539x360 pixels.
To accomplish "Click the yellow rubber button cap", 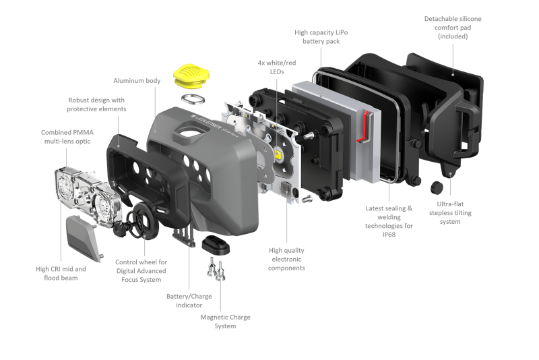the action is pyautogui.click(x=191, y=75).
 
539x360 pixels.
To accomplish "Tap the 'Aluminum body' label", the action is pyautogui.click(x=137, y=81).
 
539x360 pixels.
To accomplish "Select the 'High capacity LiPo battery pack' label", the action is pyautogui.click(x=321, y=37).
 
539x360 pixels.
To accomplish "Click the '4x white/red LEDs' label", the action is pyautogui.click(x=277, y=67).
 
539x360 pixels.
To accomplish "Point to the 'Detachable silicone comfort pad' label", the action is pyautogui.click(x=453, y=28).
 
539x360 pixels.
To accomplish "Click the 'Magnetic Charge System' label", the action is pyautogui.click(x=225, y=322).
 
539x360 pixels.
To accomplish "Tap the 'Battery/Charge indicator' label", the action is pyautogui.click(x=189, y=301).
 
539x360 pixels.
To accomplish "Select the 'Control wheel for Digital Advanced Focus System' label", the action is pyautogui.click(x=141, y=271).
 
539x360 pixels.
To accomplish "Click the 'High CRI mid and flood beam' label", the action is pyautogui.click(x=61, y=273).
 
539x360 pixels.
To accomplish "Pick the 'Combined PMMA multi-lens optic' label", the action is pyautogui.click(x=67, y=137).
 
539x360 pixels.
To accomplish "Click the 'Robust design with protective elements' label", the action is pyautogui.click(x=96, y=104).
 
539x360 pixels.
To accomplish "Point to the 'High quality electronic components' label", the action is pyautogui.click(x=287, y=259).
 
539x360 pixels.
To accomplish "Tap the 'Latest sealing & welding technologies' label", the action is pyautogui.click(x=389, y=221).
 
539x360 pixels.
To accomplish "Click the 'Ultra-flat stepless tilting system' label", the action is pyautogui.click(x=450, y=213).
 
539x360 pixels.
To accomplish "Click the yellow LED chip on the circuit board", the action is pyautogui.click(x=278, y=153).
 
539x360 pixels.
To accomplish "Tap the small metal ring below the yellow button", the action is pyautogui.click(x=193, y=99).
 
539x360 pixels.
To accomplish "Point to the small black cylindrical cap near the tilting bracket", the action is pyautogui.click(x=437, y=187).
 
